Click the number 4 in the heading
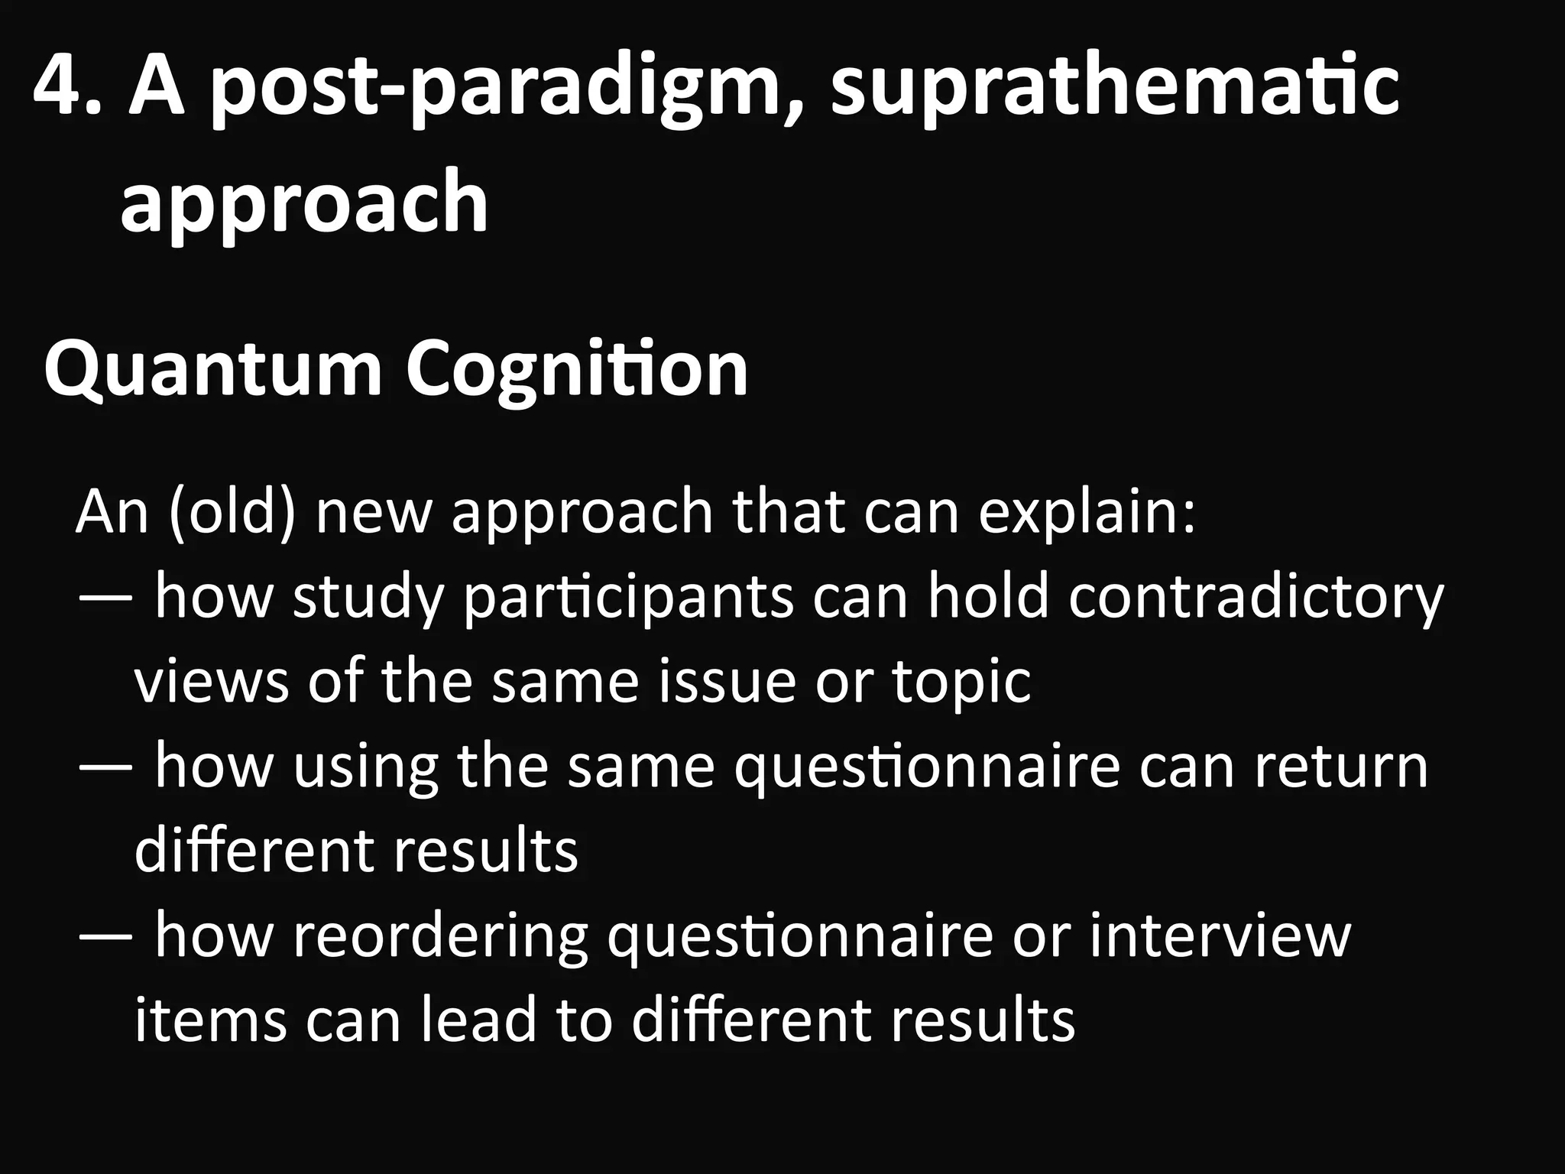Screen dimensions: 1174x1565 coord(60,89)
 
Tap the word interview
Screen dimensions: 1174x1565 coord(1220,935)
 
